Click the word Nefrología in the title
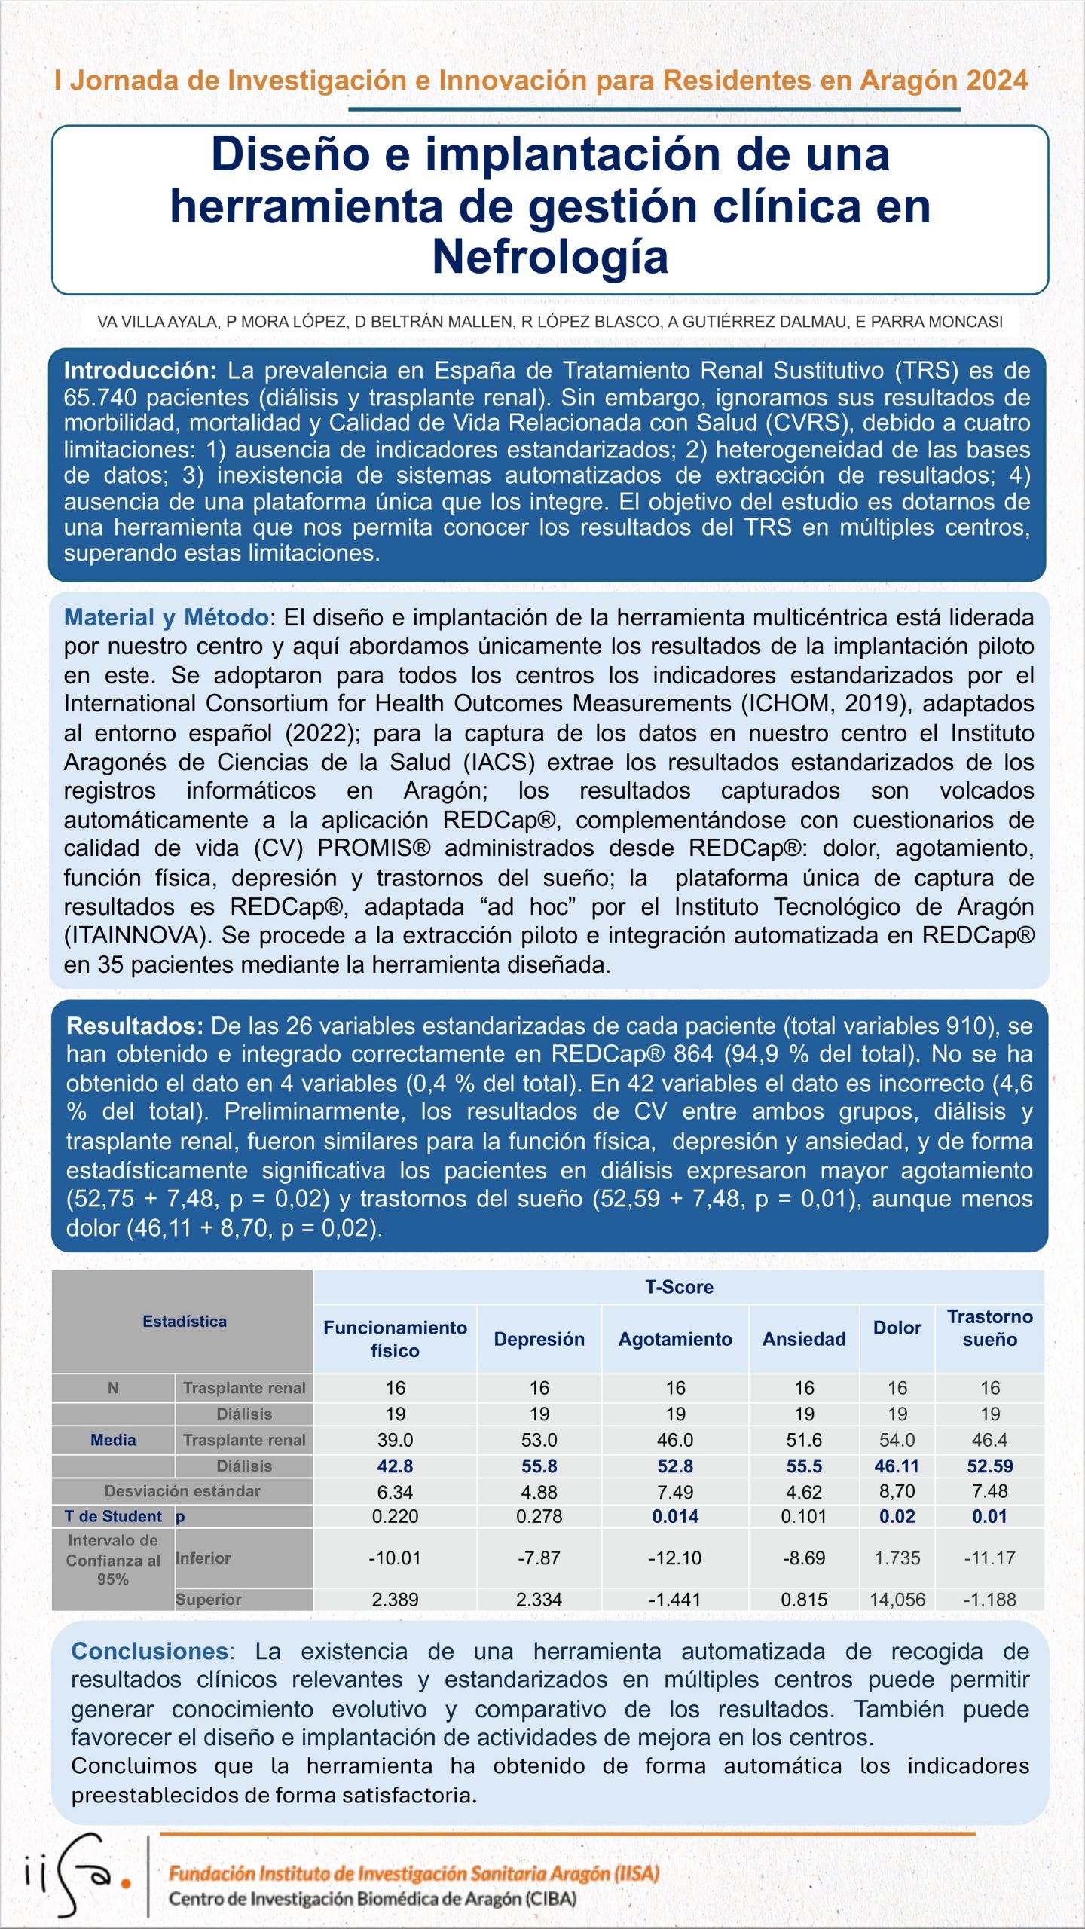pyautogui.click(x=550, y=257)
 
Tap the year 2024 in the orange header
pyautogui.click(x=988, y=81)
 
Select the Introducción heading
pyautogui.click(x=140, y=371)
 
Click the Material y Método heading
pyautogui.click(x=166, y=618)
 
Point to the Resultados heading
pyautogui.click(x=134, y=1026)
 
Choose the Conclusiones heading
pyautogui.click(x=149, y=1651)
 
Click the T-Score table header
pyautogui.click(x=679, y=1287)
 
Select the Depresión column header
pyautogui.click(x=539, y=1339)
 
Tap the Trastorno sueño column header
pyautogui.click(x=989, y=1328)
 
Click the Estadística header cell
pyautogui.click(x=184, y=1321)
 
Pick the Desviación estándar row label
pyautogui.click(x=182, y=1491)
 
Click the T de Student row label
pyautogui.click(x=113, y=1516)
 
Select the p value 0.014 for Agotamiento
pyautogui.click(x=675, y=1516)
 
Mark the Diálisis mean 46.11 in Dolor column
pyautogui.click(x=897, y=1466)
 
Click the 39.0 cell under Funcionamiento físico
pyautogui.click(x=395, y=1440)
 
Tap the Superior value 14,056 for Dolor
pyautogui.click(x=897, y=1600)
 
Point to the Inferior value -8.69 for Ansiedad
pyautogui.click(x=804, y=1558)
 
